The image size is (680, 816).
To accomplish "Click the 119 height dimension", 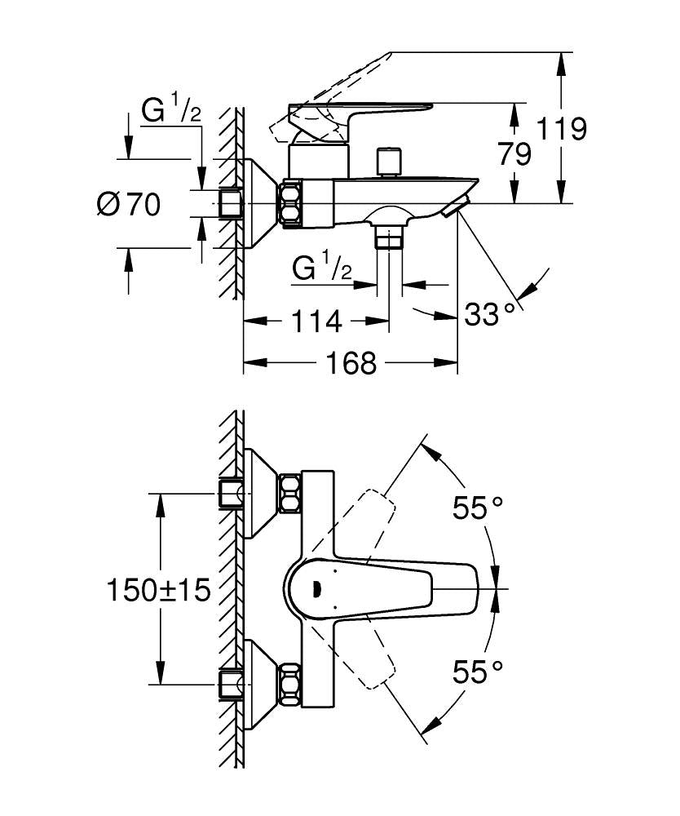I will click(x=562, y=129).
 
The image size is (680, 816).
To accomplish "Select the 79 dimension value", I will click(x=514, y=153).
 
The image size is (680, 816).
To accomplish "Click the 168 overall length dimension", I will click(x=351, y=362).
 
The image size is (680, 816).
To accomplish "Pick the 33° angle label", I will click(x=490, y=313).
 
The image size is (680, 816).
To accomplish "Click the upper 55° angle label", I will click(x=478, y=509).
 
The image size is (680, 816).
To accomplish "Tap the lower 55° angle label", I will click(x=478, y=672).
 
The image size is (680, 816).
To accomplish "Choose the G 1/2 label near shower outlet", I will click(x=320, y=268).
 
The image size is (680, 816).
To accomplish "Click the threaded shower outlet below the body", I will click(x=390, y=237).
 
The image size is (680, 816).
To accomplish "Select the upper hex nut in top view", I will click(x=289, y=494).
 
